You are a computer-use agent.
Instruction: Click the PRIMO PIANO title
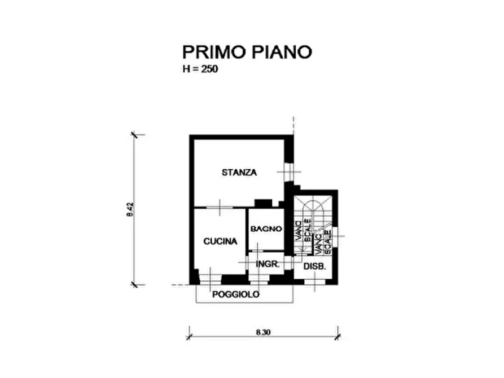pyautogui.click(x=247, y=52)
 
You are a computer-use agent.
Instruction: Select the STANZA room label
pyautogui.click(x=239, y=172)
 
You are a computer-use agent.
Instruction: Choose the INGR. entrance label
pyautogui.click(x=268, y=264)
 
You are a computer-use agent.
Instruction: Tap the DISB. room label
pyautogui.click(x=315, y=266)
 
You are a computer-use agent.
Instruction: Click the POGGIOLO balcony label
pyautogui.click(x=235, y=295)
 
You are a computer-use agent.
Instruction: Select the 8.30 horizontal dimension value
pyautogui.click(x=263, y=333)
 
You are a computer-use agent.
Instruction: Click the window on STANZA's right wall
pyautogui.click(x=289, y=172)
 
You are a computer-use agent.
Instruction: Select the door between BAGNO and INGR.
pyautogui.click(x=256, y=251)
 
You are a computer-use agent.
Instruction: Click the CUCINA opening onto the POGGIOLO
pyautogui.click(x=210, y=279)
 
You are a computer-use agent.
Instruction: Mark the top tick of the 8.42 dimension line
pyautogui.click(x=134, y=135)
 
